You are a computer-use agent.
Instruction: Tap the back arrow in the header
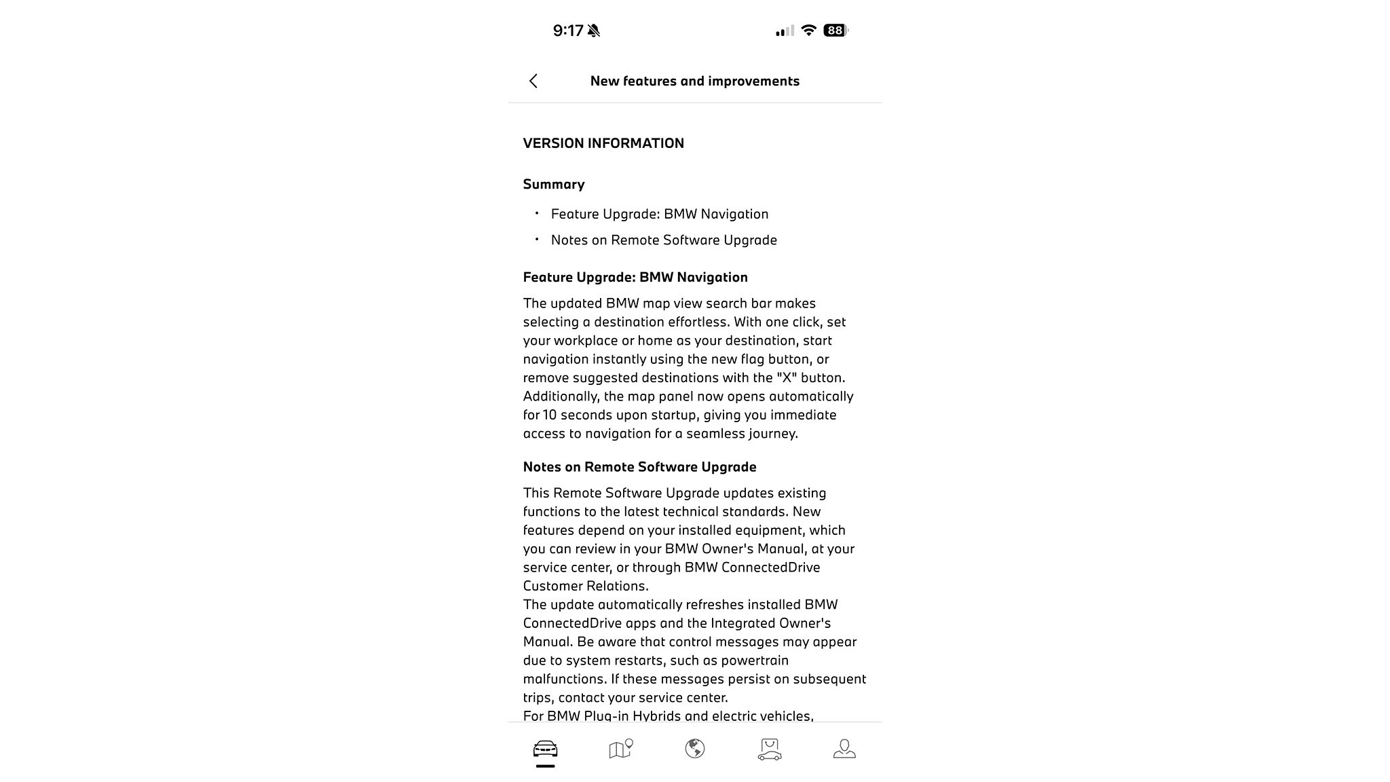(x=533, y=81)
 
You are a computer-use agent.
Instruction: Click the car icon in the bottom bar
(x=545, y=749)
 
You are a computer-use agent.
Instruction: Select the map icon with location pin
(x=620, y=749)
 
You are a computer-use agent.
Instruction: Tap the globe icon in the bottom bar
(x=694, y=749)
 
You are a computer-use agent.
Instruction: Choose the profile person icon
(x=844, y=749)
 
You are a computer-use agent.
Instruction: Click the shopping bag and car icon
(x=770, y=749)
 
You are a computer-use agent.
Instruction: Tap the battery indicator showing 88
(x=835, y=31)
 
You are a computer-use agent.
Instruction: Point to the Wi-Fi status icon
(x=808, y=31)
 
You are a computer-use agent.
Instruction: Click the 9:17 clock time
(x=568, y=31)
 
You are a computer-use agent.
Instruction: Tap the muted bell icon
(x=594, y=31)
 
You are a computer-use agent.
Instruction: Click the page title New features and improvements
(x=694, y=81)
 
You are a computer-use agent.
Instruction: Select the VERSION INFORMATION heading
(x=603, y=143)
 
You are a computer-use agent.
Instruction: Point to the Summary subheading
(x=554, y=185)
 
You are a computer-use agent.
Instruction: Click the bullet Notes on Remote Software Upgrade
(x=664, y=240)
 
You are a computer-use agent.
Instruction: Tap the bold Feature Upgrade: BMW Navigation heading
(x=635, y=277)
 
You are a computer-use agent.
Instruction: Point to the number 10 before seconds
(x=549, y=415)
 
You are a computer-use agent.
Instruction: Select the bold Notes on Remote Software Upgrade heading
(x=639, y=467)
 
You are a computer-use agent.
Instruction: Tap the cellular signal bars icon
(x=785, y=31)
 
